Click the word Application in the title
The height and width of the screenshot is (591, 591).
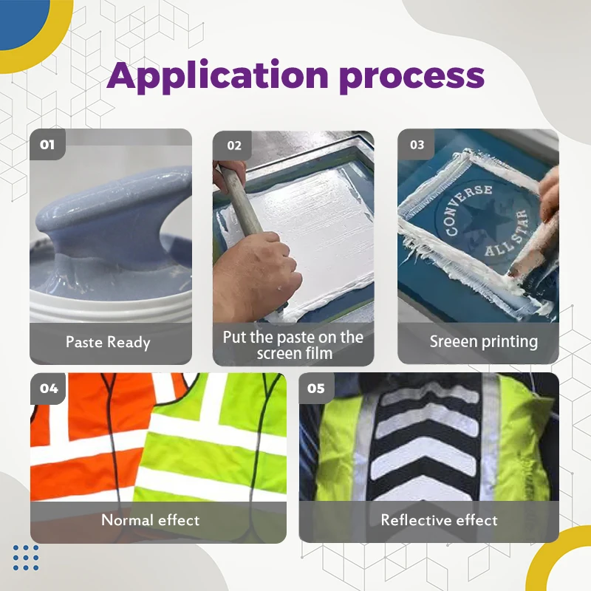click(x=217, y=77)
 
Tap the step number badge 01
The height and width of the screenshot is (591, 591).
click(x=47, y=144)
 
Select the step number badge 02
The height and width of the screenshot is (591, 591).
click(x=233, y=146)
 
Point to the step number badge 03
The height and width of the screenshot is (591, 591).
click(x=417, y=145)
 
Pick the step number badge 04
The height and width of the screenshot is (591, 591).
click(x=49, y=389)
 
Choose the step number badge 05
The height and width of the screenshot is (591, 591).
click(x=316, y=389)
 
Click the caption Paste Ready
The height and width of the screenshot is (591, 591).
click(x=108, y=343)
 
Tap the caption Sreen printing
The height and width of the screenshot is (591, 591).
click(x=484, y=342)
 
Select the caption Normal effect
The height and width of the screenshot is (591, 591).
click(x=151, y=520)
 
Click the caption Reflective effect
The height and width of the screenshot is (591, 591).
click(x=439, y=520)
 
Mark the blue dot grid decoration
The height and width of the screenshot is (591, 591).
click(x=26, y=558)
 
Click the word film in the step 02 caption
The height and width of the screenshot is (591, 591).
click(x=320, y=354)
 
